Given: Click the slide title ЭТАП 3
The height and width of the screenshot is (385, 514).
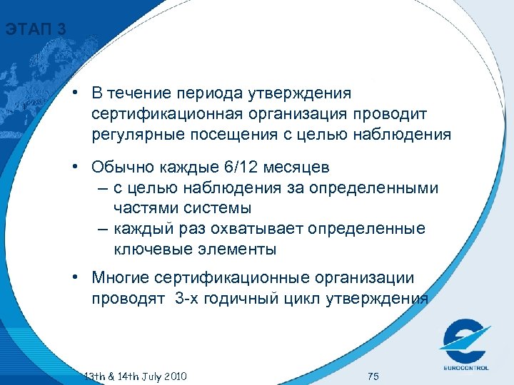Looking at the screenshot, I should click(35, 30).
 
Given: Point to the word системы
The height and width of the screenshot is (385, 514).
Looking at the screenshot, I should click(218, 207).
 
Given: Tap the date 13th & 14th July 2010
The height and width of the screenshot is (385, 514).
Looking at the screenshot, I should click(135, 375).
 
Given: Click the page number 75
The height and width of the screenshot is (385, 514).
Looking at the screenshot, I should click(373, 375).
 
